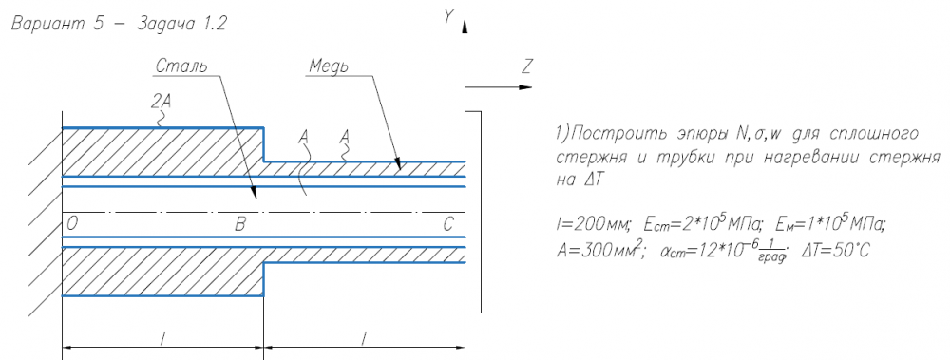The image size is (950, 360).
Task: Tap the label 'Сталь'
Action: pyautogui.click(x=181, y=66)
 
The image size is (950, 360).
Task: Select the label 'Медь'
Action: pyautogui.click(x=328, y=66)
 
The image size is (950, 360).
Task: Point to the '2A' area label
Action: pyautogui.click(x=161, y=103)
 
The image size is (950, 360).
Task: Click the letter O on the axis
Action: pyautogui.click(x=73, y=225)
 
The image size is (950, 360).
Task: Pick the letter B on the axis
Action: pyautogui.click(x=240, y=225)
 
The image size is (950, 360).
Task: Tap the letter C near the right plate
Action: pyautogui.click(x=447, y=225)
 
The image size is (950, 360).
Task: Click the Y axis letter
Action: pyautogui.click(x=448, y=17)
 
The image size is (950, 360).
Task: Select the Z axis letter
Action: pyautogui.click(x=525, y=67)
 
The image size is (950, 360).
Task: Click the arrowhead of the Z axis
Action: pyautogui.click(x=526, y=87)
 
